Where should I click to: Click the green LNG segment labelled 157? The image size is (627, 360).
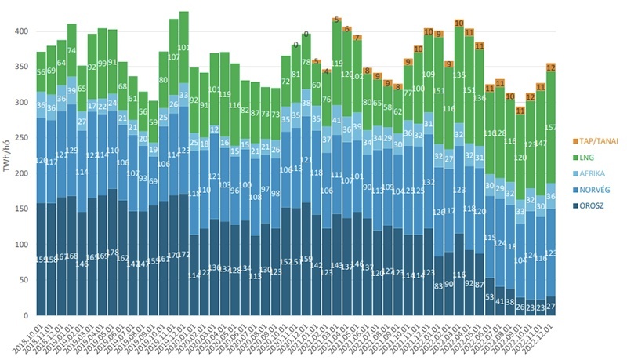coord(551,128)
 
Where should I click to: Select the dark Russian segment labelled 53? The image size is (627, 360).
coord(489,296)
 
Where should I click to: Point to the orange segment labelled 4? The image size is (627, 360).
coord(327,71)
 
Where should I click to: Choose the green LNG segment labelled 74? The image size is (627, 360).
coord(72,50)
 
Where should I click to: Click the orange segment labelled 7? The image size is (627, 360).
coord(357,38)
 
